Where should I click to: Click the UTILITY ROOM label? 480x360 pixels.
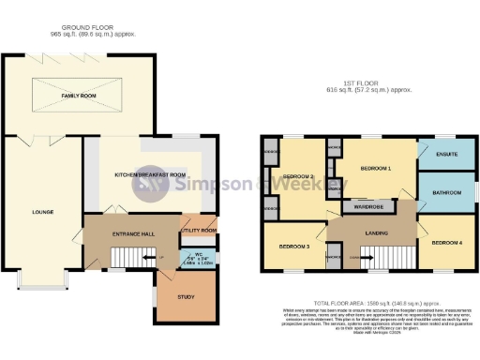pyautogui.click(x=202, y=229)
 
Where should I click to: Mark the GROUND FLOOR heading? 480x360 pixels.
pyautogui.click(x=85, y=28)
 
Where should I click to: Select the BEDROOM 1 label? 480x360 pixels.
pyautogui.click(x=375, y=168)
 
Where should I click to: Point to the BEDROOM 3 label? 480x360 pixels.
pyautogui.click(x=293, y=247)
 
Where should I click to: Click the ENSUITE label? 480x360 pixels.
pyautogui.click(x=447, y=155)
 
